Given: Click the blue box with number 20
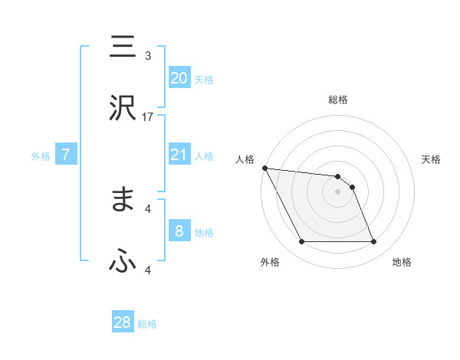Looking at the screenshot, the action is pos(179,78).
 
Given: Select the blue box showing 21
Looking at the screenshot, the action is pos(179,155).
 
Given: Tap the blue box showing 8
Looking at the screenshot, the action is pos(179,231).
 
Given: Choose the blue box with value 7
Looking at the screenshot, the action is pos(67,155).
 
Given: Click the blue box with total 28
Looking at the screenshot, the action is pos(123,322).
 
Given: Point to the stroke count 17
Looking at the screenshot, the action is pos(148,116).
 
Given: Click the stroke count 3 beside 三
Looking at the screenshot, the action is pos(148,55).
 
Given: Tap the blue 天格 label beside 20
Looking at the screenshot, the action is pos(204,79).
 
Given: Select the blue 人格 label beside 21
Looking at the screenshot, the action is pos(204,155).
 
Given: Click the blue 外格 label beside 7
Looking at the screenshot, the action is pos(41,155).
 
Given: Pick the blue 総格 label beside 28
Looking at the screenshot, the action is pos(147,323).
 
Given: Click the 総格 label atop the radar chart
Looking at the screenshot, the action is pos(338,100).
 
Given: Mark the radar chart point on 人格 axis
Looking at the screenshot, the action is pos(264,168).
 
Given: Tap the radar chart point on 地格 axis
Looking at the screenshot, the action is pos(373,242).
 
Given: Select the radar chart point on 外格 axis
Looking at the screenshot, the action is pos(302,242).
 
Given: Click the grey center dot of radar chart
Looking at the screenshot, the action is pos(338,191).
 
